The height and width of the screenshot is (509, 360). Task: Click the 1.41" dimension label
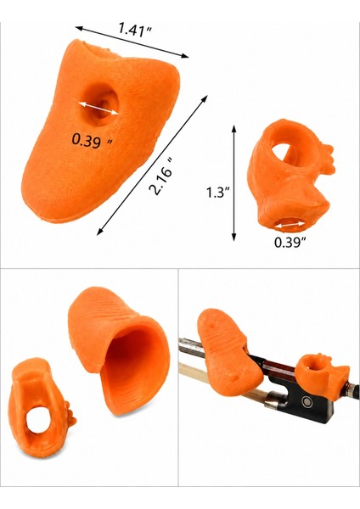coord(134,30)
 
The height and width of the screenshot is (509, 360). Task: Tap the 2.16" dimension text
coord(162,176)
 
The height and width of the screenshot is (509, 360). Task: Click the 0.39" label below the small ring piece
coord(290,242)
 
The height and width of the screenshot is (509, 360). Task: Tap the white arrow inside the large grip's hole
coord(98,109)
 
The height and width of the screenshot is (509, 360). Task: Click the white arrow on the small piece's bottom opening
coord(289,225)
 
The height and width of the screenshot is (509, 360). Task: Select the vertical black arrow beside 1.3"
coord(233,183)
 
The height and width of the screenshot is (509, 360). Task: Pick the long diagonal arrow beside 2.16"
coord(152,165)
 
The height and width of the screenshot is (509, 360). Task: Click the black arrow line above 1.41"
coord(132,42)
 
